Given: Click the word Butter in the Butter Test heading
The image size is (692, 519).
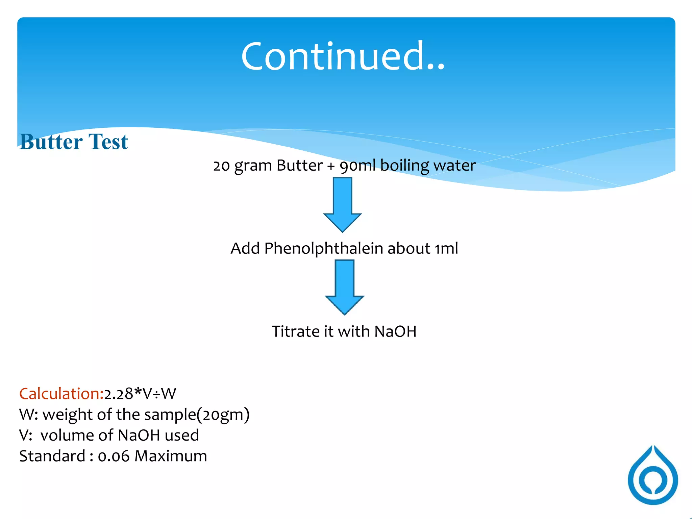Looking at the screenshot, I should (51, 142).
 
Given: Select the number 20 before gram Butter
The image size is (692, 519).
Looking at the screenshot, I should (221, 166).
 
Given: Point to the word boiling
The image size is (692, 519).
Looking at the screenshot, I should (404, 166).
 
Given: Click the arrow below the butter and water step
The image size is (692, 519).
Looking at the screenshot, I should (342, 204).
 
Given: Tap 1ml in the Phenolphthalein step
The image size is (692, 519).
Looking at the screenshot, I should (446, 249).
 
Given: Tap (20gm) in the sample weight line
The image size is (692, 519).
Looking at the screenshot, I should (223, 415).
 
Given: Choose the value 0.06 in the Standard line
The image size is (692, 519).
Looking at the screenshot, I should (114, 456).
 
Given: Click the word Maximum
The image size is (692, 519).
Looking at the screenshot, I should (171, 456).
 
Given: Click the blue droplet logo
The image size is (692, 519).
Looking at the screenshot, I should (653, 475).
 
